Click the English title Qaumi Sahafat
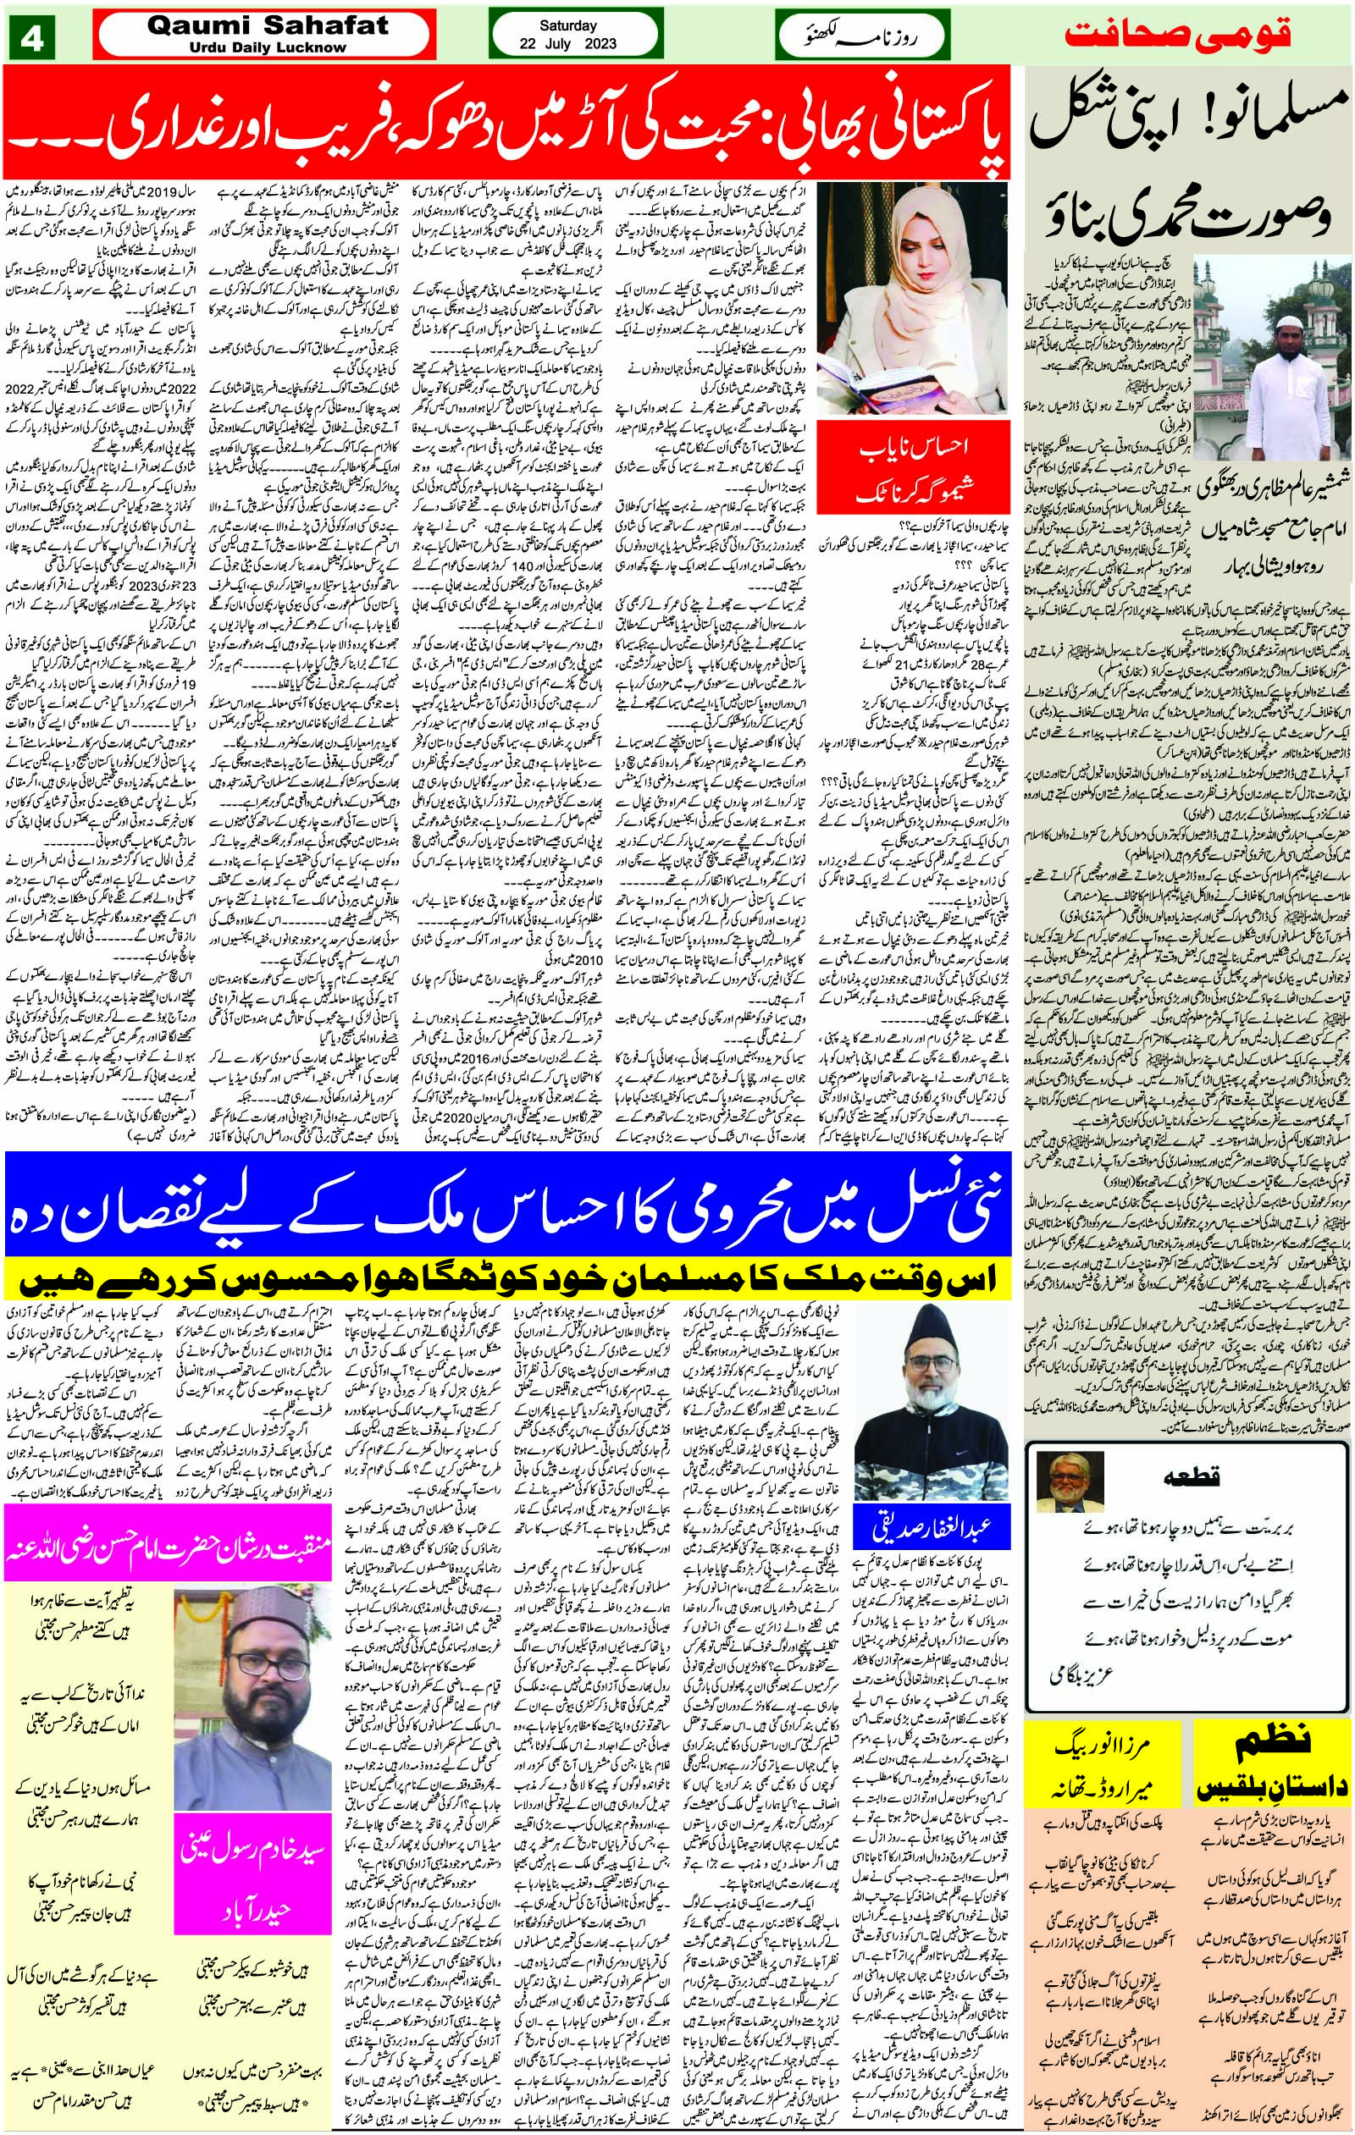[x=267, y=26]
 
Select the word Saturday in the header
[x=567, y=25]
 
